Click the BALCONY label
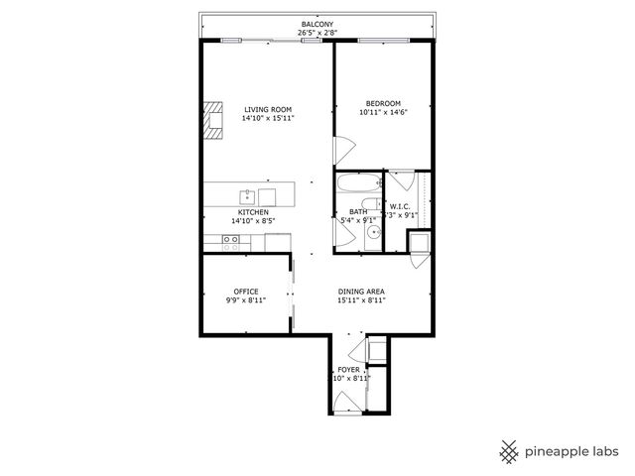(x=317, y=24)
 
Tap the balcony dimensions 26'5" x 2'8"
(x=317, y=33)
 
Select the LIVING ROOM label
(x=268, y=109)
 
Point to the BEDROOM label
(x=383, y=104)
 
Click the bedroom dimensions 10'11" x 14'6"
(x=383, y=113)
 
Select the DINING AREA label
(x=361, y=292)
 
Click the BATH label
(x=358, y=211)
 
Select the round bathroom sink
(x=374, y=234)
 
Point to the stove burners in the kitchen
(x=230, y=240)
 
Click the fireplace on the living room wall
(x=213, y=116)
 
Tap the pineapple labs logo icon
(x=510, y=450)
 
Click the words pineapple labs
(x=573, y=451)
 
